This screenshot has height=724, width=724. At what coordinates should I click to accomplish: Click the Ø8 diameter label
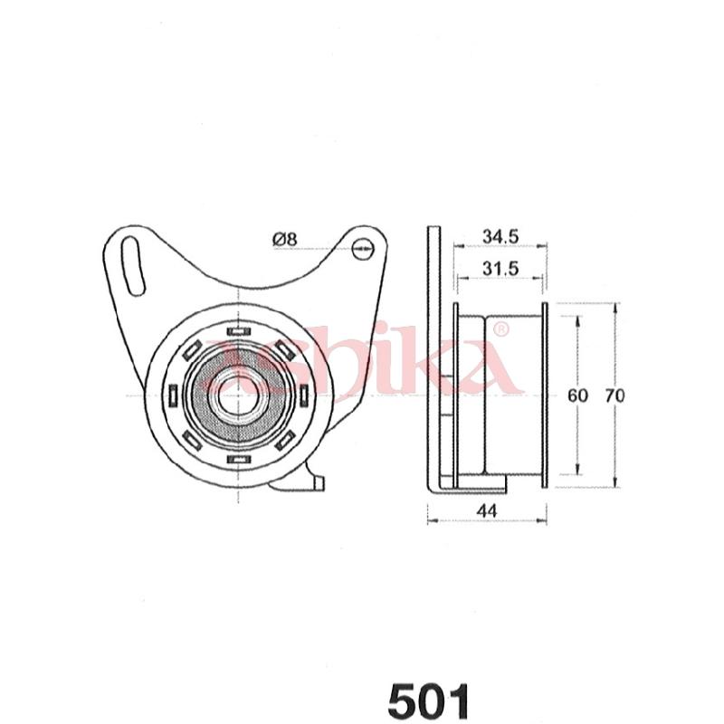285,239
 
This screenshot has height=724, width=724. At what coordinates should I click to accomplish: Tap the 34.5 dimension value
500,236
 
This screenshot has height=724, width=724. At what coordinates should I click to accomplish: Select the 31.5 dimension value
500,268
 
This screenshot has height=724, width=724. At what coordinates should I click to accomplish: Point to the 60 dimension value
577,395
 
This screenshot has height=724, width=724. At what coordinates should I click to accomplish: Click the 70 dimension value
615,395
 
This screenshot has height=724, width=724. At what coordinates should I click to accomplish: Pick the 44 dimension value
488,510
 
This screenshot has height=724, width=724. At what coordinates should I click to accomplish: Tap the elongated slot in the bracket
133,266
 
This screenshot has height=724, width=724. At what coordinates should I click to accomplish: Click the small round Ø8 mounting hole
363,249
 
